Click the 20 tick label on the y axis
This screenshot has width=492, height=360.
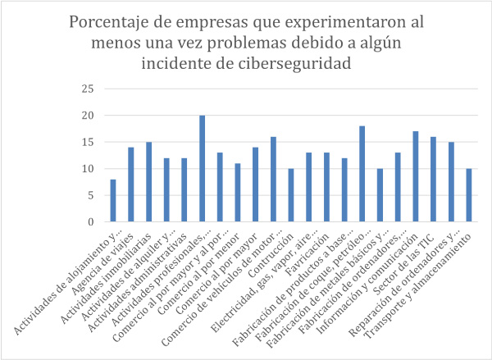point(89,116)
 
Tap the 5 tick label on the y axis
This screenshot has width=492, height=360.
point(92,195)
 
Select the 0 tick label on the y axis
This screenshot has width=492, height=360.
point(92,222)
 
